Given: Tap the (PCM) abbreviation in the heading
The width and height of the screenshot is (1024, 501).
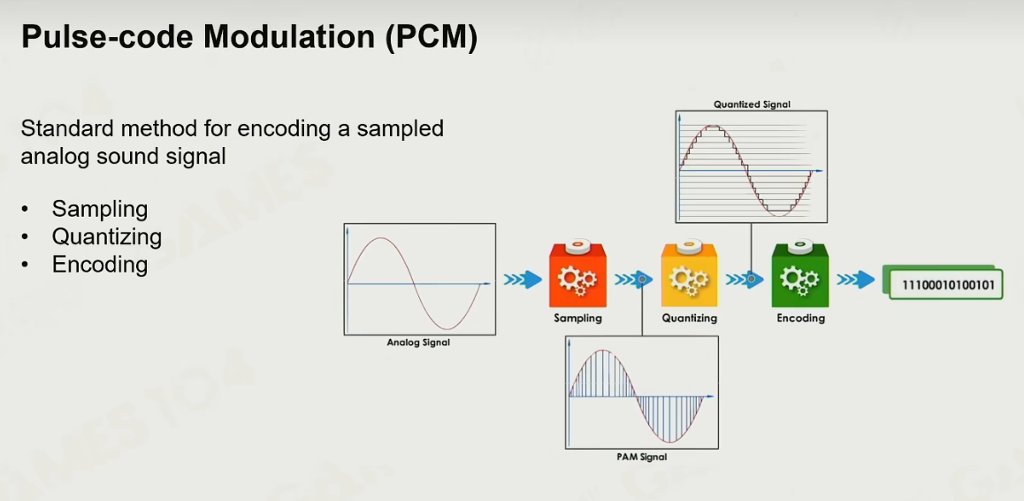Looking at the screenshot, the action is pyautogui.click(x=431, y=39).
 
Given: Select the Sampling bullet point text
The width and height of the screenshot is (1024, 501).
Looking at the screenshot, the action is pyautogui.click(x=100, y=209).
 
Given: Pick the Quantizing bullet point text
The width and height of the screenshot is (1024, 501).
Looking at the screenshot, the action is pyautogui.click(x=107, y=236).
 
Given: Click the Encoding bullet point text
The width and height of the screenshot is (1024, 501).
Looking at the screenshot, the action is pyautogui.click(x=100, y=265).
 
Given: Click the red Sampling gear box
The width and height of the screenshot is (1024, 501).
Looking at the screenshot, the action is pyautogui.click(x=577, y=274).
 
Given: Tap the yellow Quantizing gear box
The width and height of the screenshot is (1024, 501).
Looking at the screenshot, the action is pyautogui.click(x=689, y=274).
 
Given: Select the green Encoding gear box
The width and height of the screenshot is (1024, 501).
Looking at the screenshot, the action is pyautogui.click(x=800, y=274).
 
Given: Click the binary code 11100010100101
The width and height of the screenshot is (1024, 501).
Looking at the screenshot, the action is pyautogui.click(x=948, y=285).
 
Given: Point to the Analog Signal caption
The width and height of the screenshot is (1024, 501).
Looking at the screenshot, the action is pyautogui.click(x=418, y=342).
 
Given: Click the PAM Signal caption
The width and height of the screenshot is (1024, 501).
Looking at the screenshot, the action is pyautogui.click(x=641, y=457).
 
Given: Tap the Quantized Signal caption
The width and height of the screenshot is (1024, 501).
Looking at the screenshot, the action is pyautogui.click(x=752, y=104).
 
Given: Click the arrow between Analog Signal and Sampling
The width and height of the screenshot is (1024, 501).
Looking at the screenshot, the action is pyautogui.click(x=523, y=280).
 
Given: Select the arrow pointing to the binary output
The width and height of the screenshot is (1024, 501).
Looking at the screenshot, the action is pyautogui.click(x=855, y=280).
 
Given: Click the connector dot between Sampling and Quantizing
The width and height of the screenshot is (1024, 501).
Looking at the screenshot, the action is pyautogui.click(x=642, y=280).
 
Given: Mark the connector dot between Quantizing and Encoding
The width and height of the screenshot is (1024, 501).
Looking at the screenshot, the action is pyautogui.click(x=752, y=280).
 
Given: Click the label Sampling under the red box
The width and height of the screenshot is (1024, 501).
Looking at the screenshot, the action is pyautogui.click(x=577, y=319).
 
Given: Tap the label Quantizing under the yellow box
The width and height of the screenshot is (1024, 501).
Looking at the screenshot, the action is pyautogui.click(x=689, y=319).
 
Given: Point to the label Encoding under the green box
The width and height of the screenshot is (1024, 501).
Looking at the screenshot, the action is pyautogui.click(x=800, y=319).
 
